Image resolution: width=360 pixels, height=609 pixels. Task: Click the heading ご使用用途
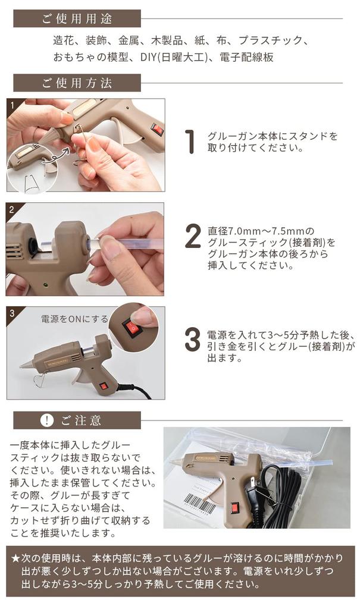pos(77,18)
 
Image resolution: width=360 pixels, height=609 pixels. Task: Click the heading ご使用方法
pos(77,83)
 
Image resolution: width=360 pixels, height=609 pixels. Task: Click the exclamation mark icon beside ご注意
pos(47,420)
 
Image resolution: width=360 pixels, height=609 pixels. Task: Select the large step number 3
pos(192,339)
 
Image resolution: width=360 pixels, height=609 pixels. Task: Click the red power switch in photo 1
pos(156,128)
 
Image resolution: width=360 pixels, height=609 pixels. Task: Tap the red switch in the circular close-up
pos(132,327)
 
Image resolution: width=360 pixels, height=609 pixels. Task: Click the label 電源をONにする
pos(74,319)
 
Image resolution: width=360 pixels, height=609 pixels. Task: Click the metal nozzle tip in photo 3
pos(26,365)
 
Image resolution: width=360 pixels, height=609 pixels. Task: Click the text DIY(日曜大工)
pos(180,57)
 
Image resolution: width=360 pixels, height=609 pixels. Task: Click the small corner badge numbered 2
pos(11,209)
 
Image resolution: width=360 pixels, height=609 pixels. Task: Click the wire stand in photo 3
pos(41,378)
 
